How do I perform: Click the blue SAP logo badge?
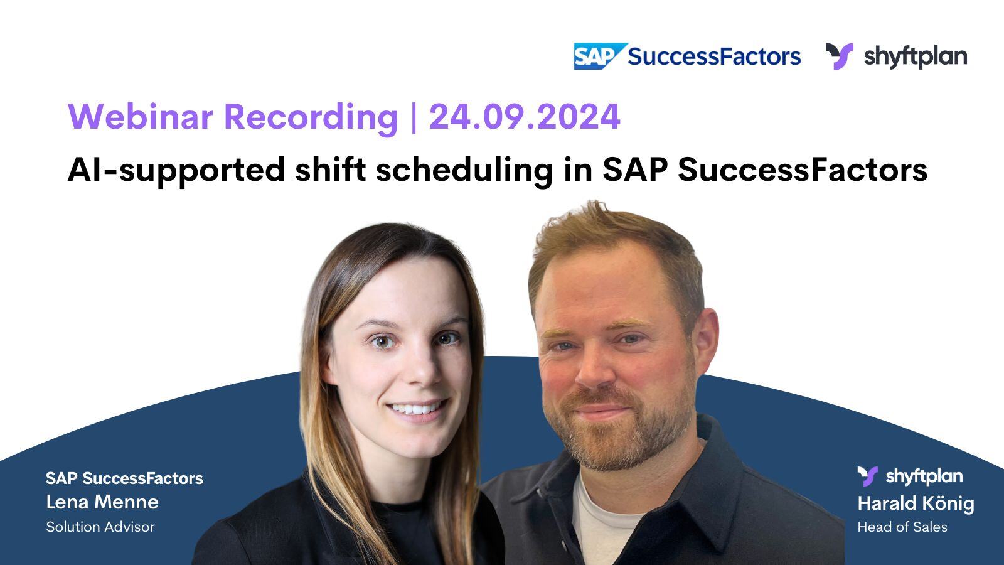pyautogui.click(x=599, y=56)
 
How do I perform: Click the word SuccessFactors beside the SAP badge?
pyautogui.click(x=714, y=56)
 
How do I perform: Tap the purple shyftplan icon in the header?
pyautogui.click(x=839, y=56)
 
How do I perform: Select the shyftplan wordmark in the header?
pyautogui.click(x=915, y=56)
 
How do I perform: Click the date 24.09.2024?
pyautogui.click(x=525, y=117)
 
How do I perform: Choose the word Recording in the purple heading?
pyautogui.click(x=311, y=117)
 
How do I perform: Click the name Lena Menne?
pyautogui.click(x=102, y=502)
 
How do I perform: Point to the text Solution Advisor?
pyautogui.click(x=100, y=527)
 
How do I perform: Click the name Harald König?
pyautogui.click(x=916, y=503)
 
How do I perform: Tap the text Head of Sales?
pyautogui.click(x=902, y=527)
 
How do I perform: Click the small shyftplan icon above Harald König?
pyautogui.click(x=868, y=476)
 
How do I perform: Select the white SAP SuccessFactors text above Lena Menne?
pyautogui.click(x=124, y=478)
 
